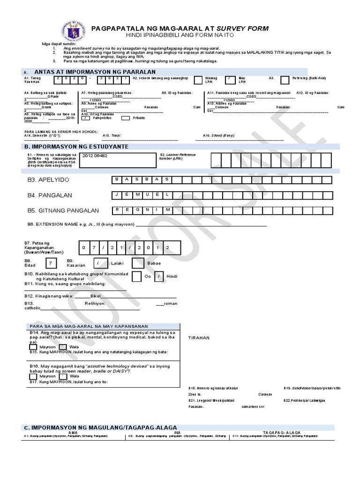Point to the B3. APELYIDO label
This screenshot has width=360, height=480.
45,180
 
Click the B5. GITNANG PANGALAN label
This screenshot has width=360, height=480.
57,210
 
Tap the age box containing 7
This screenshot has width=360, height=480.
51,264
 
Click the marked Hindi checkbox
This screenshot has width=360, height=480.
159,277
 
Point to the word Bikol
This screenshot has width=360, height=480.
96,297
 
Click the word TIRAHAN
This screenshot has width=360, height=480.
199,337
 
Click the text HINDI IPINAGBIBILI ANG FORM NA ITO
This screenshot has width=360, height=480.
182,36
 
